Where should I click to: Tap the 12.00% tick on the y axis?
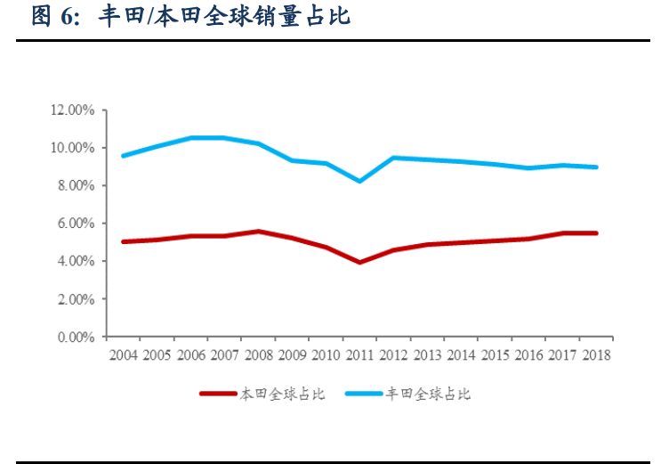coord(73,110)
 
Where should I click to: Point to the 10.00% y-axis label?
coord(73,148)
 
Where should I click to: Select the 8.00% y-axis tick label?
coord(76,186)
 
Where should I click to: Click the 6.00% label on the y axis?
coord(76,224)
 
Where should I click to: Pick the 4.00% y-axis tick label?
coord(76,262)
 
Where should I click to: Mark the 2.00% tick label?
coord(76,299)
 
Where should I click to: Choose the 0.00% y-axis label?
coord(76,338)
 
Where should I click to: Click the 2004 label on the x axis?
coord(123,354)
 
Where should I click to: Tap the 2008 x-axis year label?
coord(258,354)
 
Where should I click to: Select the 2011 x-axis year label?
coord(359,354)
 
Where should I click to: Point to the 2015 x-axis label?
coord(495,354)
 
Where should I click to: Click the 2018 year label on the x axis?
coord(596,354)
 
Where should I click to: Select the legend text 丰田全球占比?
coord(428,394)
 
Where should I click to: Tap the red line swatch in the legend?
coord(219,394)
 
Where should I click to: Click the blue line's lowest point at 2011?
coord(359,181)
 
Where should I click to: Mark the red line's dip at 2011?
coord(359,262)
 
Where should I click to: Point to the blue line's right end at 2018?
coord(596,167)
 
